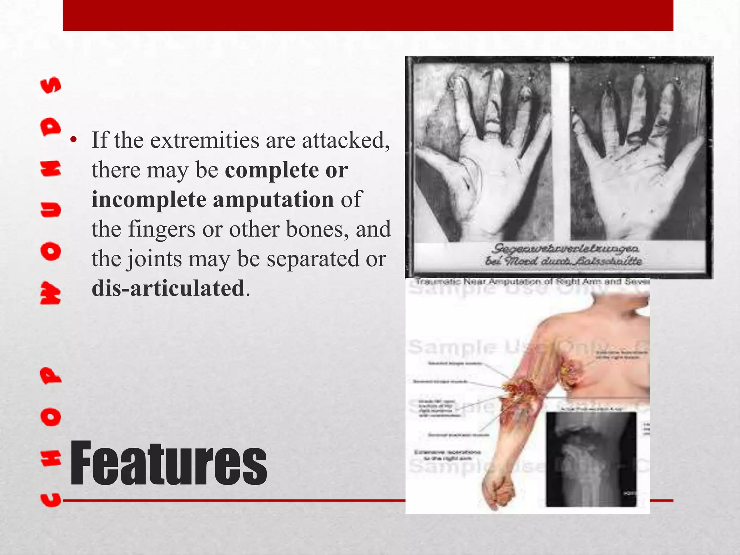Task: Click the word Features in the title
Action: [x=168, y=464]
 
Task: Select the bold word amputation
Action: [x=273, y=199]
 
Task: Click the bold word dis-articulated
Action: [x=168, y=288]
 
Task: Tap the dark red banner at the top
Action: [x=368, y=15]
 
